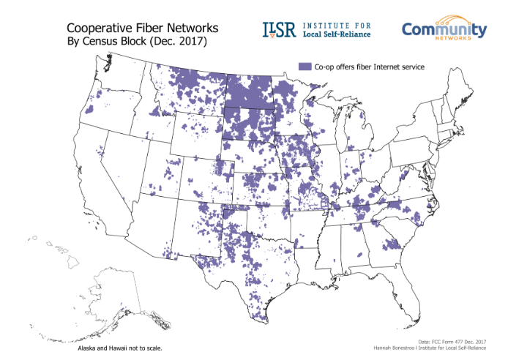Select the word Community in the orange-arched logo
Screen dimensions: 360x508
pos(444,31)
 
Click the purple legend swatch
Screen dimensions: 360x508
pos(305,67)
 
